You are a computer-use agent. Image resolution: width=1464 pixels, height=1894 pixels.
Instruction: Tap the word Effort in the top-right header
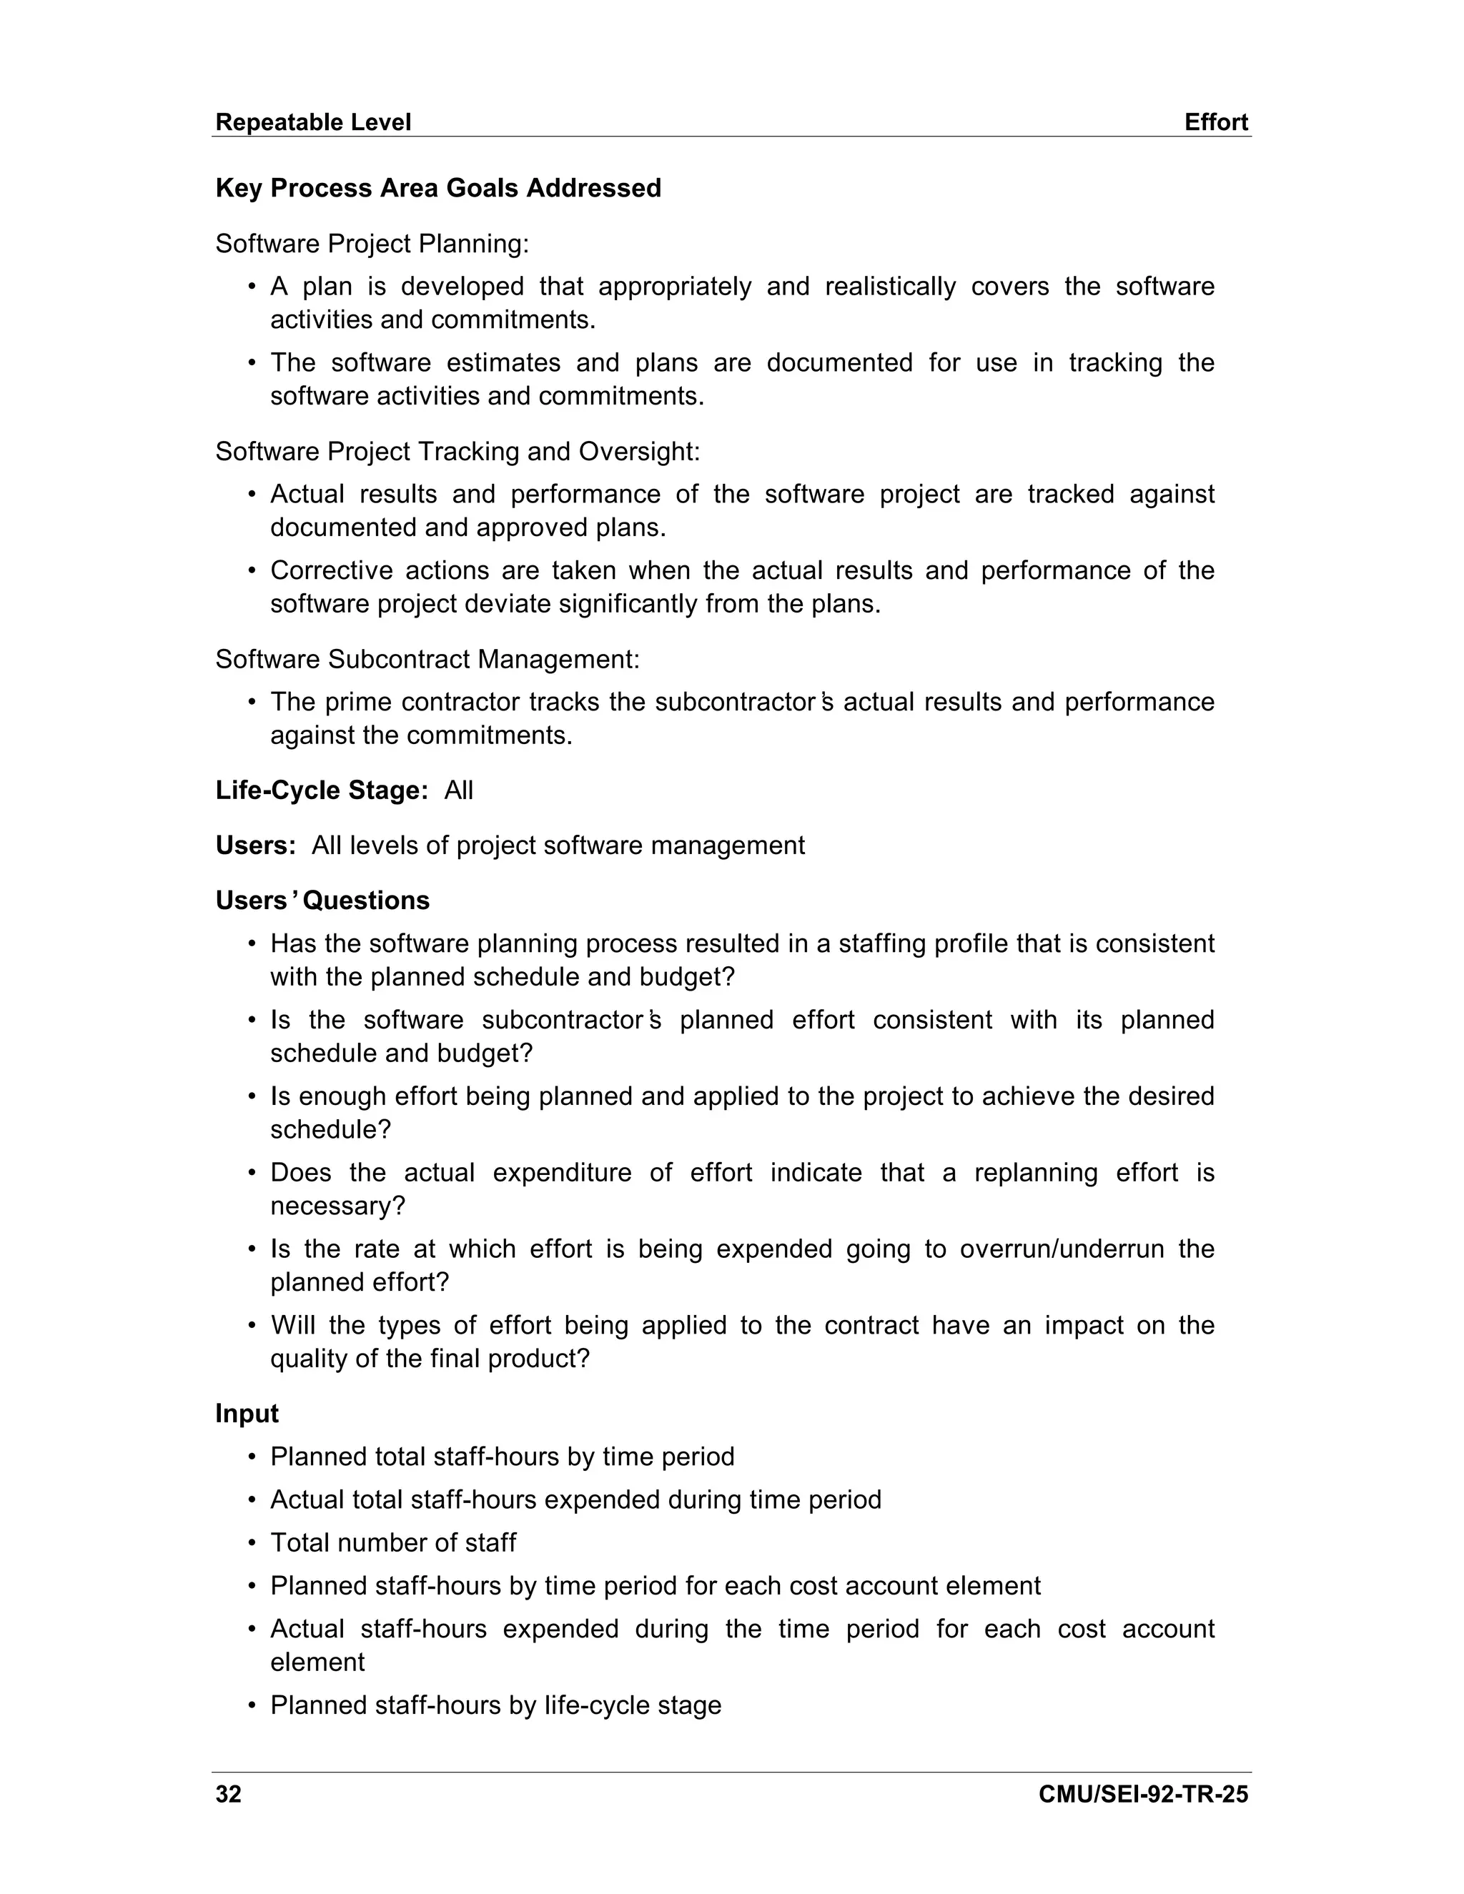pyautogui.click(x=1216, y=122)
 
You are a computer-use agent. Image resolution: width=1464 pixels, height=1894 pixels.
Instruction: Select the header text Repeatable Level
pyautogui.click(x=313, y=122)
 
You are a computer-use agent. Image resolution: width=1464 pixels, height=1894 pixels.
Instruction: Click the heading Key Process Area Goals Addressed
pyautogui.click(x=438, y=188)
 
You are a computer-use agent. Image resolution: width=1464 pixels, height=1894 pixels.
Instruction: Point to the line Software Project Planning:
pyautogui.click(x=372, y=244)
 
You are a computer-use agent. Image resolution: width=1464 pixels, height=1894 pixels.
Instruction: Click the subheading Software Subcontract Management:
pyautogui.click(x=427, y=659)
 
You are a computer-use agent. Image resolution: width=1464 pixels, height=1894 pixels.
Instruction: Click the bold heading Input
pyautogui.click(x=247, y=1414)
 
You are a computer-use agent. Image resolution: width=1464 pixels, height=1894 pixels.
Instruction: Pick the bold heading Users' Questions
pyautogui.click(x=322, y=900)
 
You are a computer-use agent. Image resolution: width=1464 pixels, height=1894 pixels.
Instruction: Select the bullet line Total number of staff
pyautogui.click(x=393, y=1543)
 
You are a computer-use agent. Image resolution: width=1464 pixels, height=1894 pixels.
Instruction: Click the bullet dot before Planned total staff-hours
pyautogui.click(x=252, y=1457)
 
